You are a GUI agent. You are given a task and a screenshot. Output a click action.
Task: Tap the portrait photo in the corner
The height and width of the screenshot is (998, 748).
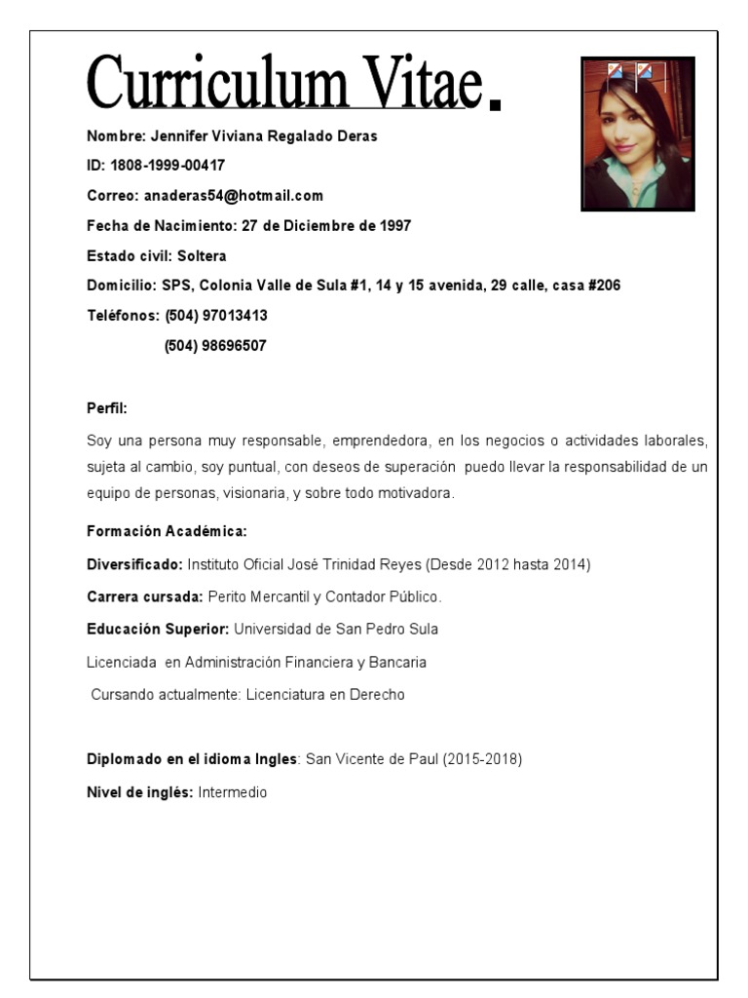click(637, 134)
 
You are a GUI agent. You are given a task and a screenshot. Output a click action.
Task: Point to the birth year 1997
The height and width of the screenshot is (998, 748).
click(393, 226)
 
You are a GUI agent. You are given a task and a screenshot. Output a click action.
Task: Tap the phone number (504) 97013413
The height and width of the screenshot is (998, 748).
click(216, 316)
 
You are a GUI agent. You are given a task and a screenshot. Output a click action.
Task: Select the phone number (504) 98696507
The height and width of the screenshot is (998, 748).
click(216, 346)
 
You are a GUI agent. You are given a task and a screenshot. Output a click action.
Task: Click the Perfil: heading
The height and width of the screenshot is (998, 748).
click(107, 408)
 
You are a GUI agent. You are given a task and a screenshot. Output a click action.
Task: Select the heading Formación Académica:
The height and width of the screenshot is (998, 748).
click(167, 532)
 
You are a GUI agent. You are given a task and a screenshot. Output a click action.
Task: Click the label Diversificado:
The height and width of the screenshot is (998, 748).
click(134, 564)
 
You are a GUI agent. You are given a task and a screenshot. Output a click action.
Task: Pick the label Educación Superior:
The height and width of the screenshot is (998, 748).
click(158, 630)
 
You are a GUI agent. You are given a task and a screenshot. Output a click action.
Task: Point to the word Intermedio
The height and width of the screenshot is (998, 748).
click(232, 793)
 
